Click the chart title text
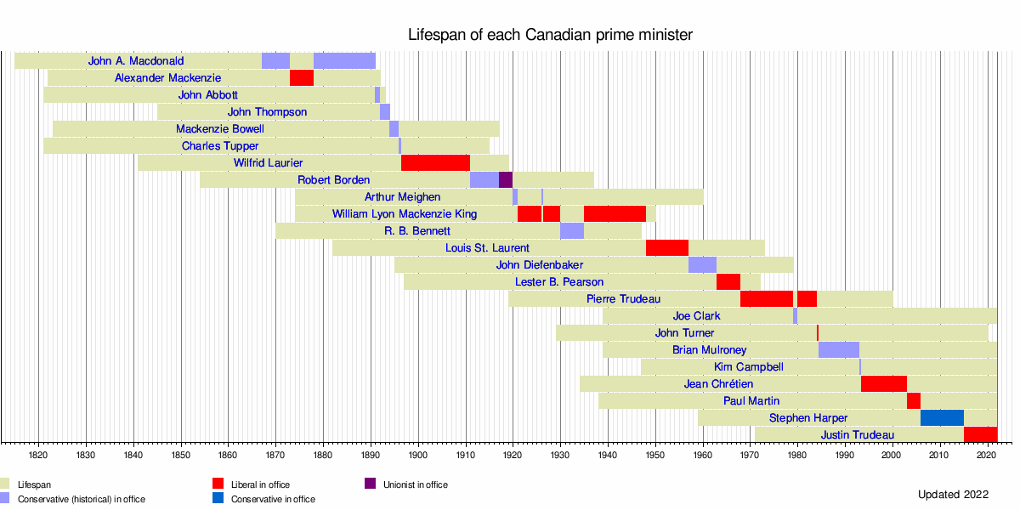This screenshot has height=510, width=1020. coord(550,35)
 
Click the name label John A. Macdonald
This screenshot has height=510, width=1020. coord(136,61)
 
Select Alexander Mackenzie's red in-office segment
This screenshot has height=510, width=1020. coord(302,78)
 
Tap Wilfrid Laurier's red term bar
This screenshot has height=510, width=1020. coord(435,163)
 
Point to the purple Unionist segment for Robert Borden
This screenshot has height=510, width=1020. coord(506,180)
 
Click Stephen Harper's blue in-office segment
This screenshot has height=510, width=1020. coord(942,418)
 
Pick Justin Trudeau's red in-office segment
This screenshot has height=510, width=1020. coord(980,435)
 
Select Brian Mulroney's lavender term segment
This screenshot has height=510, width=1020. coord(839,350)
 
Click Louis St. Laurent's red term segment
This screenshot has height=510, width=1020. coord(667,248)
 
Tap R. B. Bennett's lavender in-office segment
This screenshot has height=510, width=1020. coord(572,231)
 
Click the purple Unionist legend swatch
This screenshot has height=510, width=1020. coord(371,484)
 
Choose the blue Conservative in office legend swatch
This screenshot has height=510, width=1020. coord(218,499)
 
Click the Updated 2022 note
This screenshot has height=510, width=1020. coord(953,495)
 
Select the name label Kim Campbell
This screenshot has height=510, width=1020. coord(749,367)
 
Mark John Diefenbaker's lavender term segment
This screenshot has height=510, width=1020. coord(702,265)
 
